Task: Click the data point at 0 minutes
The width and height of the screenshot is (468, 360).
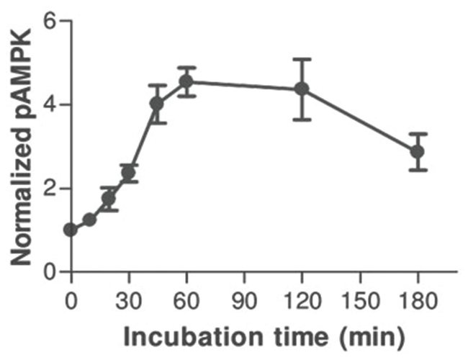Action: (71, 230)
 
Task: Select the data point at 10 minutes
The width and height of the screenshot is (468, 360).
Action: (90, 220)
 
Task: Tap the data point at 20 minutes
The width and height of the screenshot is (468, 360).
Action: (109, 199)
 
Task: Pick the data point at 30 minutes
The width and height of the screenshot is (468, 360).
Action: (129, 173)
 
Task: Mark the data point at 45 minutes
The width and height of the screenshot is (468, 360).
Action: (157, 104)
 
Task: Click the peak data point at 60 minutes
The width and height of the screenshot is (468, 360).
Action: (186, 81)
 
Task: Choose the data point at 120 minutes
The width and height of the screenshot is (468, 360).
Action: (302, 89)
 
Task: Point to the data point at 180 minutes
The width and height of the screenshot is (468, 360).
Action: (417, 152)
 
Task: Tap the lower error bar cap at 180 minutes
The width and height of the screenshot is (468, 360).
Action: (417, 170)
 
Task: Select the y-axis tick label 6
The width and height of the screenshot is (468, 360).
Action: (49, 21)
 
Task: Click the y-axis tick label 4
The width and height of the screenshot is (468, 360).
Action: (49, 105)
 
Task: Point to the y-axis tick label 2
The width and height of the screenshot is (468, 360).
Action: (49, 189)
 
